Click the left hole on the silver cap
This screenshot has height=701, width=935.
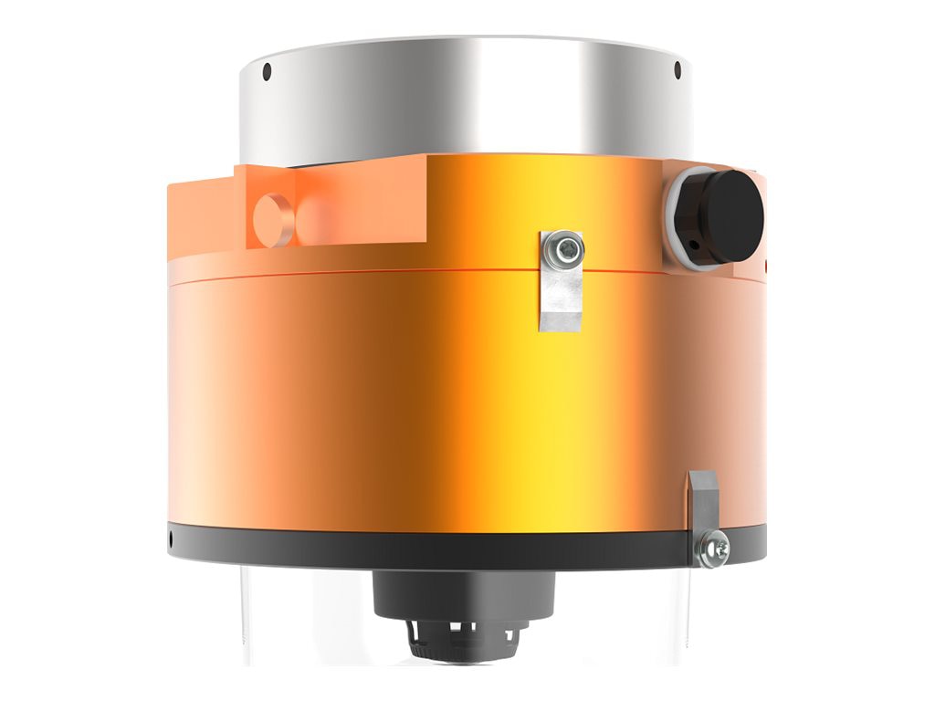click(267, 71)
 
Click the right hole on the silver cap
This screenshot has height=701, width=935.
click(677, 70)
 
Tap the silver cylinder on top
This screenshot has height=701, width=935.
click(466, 100)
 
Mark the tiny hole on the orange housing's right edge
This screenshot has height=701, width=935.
click(765, 267)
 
